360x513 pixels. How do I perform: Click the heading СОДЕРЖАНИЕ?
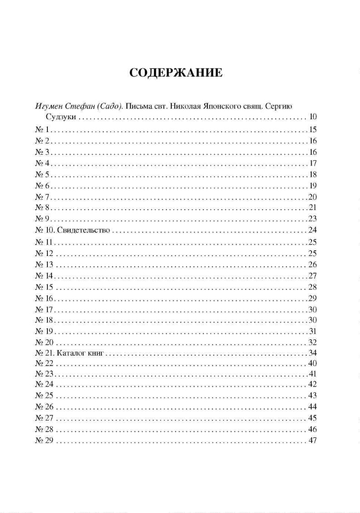176,72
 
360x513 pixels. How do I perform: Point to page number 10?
312,117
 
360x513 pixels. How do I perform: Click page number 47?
312,441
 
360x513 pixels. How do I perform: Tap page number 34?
312,353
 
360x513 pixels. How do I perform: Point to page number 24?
312,230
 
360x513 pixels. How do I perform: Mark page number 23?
312,219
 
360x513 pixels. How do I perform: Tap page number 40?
312,363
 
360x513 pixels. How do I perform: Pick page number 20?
312,197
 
